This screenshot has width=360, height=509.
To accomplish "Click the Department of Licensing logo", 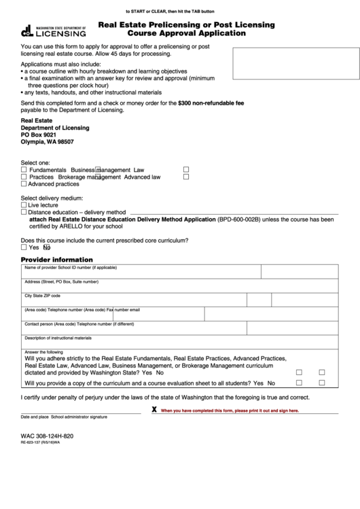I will (x=53, y=30).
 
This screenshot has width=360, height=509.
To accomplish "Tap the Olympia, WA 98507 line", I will (x=47, y=142).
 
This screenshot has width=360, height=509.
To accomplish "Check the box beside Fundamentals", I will (x=24, y=170).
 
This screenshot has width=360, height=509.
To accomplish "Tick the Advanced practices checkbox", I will (x=24, y=184).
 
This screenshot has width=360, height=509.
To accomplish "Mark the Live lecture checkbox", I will (x=24, y=205).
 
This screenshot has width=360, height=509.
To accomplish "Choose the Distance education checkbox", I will (x=24, y=212).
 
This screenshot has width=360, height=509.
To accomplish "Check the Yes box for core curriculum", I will (x=24, y=248).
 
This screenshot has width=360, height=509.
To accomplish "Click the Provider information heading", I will (x=56, y=260).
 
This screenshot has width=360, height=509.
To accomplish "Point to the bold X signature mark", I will (x=154, y=410).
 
